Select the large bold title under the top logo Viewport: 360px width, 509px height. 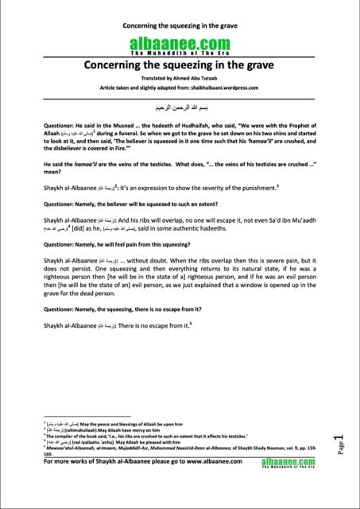[180, 65]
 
